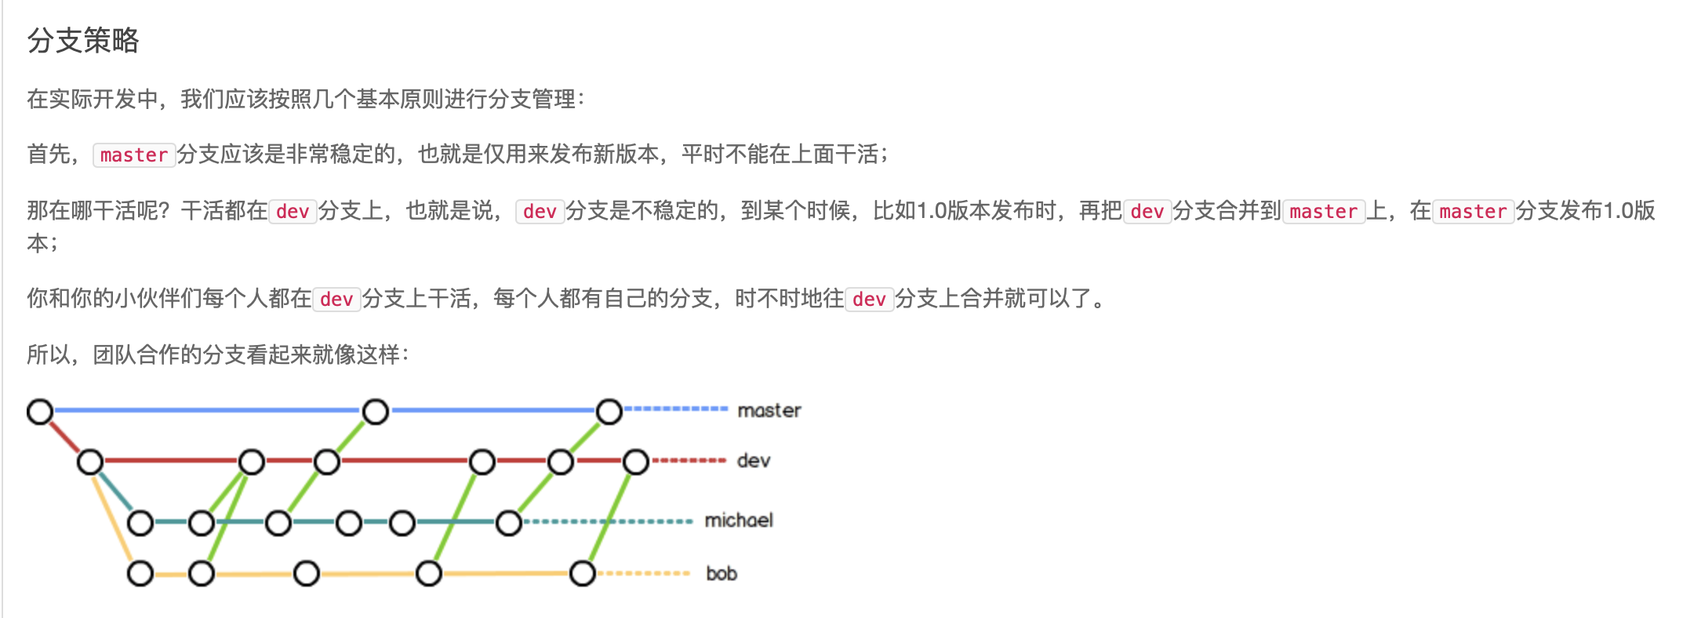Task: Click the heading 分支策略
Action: click(x=83, y=40)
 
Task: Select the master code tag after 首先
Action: click(x=134, y=155)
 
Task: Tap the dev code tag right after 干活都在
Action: click(x=293, y=212)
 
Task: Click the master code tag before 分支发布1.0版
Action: click(x=1473, y=212)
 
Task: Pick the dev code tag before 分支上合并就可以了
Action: click(x=869, y=300)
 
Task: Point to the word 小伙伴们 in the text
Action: click(x=159, y=299)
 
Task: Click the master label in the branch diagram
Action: click(x=769, y=410)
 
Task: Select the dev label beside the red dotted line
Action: click(x=753, y=460)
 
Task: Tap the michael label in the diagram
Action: click(x=738, y=520)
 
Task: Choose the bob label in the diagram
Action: click(x=722, y=573)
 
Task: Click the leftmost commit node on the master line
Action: click(x=40, y=411)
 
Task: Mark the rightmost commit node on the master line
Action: click(x=609, y=411)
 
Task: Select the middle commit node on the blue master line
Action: click(x=376, y=411)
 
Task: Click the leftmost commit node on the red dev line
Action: click(x=90, y=461)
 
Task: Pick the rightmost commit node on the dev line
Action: click(x=636, y=461)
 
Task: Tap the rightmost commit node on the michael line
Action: click(x=509, y=522)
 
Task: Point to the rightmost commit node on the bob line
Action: click(x=583, y=573)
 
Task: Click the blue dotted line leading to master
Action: click(x=676, y=409)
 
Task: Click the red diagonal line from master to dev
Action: click(x=65, y=436)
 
